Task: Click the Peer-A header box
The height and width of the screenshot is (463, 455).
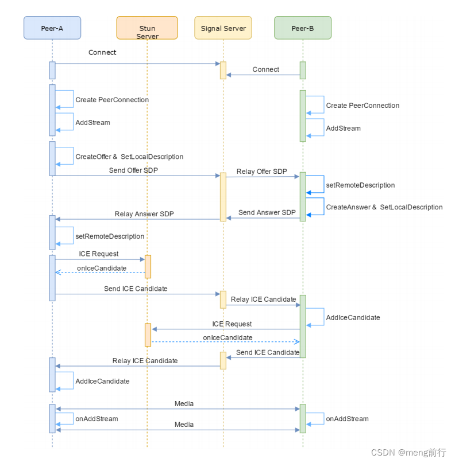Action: [52, 28]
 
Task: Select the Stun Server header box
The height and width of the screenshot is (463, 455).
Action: [147, 28]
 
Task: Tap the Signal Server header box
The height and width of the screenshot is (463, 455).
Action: [223, 28]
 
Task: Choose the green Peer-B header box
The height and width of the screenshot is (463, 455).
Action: [302, 28]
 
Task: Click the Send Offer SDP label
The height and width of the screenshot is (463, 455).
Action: [133, 170]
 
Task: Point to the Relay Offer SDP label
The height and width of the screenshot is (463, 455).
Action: [261, 172]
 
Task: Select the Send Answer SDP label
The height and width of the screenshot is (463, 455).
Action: [267, 212]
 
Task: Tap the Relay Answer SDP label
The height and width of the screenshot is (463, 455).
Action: [144, 214]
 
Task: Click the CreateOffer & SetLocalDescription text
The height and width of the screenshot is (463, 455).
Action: [129, 157]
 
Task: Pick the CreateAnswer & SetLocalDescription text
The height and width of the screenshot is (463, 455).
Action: [384, 207]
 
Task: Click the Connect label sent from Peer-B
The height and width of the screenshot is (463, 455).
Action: [265, 69]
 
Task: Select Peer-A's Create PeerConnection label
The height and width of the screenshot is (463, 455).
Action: [112, 100]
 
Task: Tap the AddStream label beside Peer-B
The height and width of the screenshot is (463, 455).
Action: [344, 129]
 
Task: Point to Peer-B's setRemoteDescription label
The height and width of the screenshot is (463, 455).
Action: [360, 185]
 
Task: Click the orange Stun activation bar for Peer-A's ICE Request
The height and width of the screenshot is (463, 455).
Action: [148, 266]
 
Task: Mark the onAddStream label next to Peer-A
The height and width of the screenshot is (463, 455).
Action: [97, 419]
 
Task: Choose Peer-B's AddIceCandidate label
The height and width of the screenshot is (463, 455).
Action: [353, 317]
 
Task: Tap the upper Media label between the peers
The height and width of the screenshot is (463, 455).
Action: [184, 404]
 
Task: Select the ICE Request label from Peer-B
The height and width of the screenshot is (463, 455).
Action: [232, 324]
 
